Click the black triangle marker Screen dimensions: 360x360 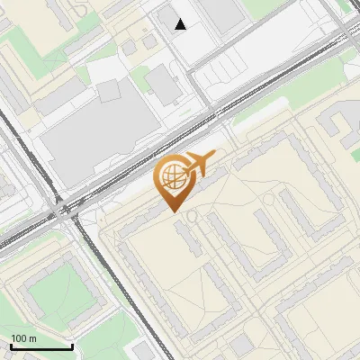coord(181,24)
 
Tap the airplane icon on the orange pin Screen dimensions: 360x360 coord(201,164)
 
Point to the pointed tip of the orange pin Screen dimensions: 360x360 coord(173,211)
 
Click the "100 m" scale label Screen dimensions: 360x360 coord(23,338)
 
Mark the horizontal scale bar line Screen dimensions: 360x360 coord(41,346)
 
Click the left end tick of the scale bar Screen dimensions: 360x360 coord(11,346)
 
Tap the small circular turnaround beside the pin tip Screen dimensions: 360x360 coord(190,214)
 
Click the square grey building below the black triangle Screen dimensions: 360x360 coord(162,83)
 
